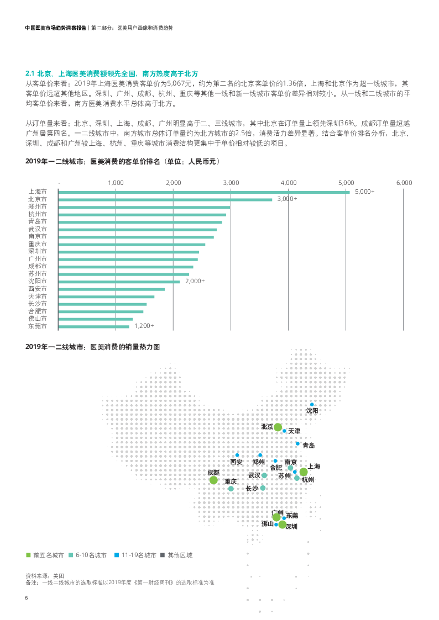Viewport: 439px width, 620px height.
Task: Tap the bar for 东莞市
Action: pos(93,327)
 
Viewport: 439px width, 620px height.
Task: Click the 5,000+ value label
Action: pos(364,192)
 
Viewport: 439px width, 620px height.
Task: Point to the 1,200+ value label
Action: pos(144,326)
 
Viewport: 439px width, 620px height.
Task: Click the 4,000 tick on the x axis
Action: pos(288,182)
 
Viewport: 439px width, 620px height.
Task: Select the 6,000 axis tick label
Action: pos(404,182)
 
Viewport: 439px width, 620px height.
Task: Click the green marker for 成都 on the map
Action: pos(213,480)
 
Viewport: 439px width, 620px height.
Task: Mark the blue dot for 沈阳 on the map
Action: pos(312,405)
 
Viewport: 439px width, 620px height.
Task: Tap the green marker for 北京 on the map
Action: pos(278,427)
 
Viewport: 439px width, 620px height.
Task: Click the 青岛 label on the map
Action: pos(308,445)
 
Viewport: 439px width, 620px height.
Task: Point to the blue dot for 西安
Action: pos(237,455)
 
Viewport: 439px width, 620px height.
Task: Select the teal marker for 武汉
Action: pos(264,475)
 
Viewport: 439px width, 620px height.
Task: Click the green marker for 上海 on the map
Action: pos(303,472)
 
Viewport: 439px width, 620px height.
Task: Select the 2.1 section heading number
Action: pos(30,73)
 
